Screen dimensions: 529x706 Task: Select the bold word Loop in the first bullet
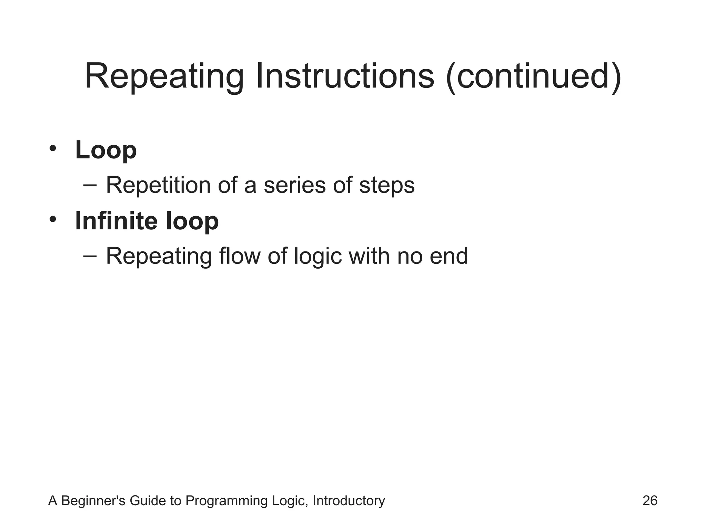(x=106, y=150)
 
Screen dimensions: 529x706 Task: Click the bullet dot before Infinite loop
(x=52, y=219)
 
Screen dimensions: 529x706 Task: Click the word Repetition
(x=158, y=185)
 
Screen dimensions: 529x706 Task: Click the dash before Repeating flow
(x=90, y=256)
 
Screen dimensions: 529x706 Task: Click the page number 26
(x=650, y=501)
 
